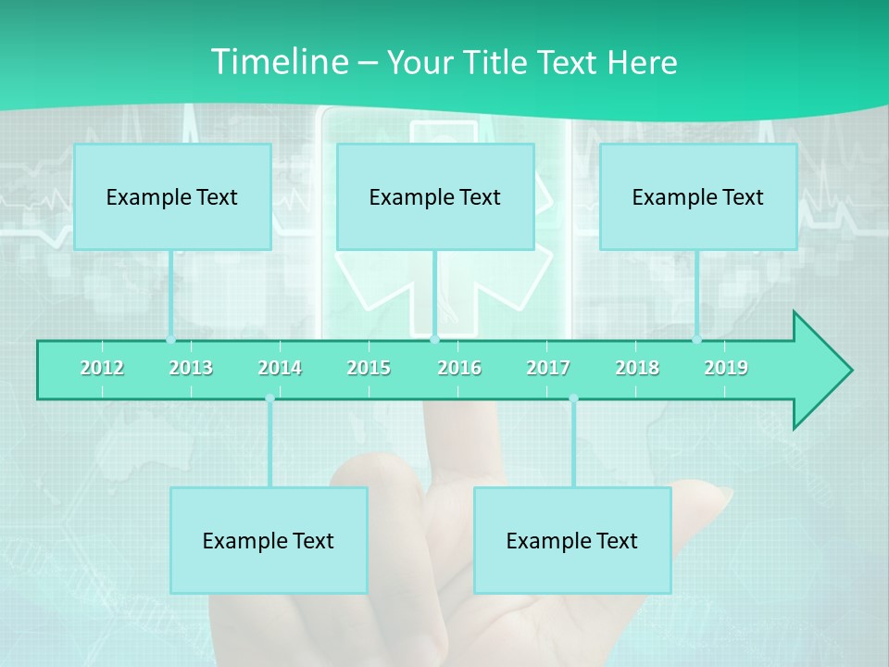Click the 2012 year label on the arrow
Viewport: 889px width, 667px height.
click(x=102, y=368)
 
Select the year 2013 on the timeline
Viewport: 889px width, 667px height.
click(x=191, y=368)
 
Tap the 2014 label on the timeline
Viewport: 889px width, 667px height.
click(x=280, y=368)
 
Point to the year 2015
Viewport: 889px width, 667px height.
click(x=369, y=368)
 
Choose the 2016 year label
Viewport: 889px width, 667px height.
click(x=459, y=368)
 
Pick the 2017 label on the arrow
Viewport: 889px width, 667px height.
click(x=548, y=368)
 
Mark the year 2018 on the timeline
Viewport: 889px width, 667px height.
click(x=637, y=368)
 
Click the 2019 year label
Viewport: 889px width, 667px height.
click(x=726, y=368)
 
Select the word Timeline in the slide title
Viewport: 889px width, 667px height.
click(x=279, y=62)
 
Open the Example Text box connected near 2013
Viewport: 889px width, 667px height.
click(x=172, y=196)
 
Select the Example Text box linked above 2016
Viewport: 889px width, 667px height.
click(x=435, y=196)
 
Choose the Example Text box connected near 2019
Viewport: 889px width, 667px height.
click(x=698, y=196)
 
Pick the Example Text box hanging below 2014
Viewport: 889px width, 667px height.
click(x=269, y=540)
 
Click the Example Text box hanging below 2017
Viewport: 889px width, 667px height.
click(x=572, y=540)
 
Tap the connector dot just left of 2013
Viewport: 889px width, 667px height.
click(x=170, y=339)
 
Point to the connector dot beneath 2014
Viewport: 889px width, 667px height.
click(x=269, y=399)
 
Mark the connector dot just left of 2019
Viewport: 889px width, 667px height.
click(x=696, y=339)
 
